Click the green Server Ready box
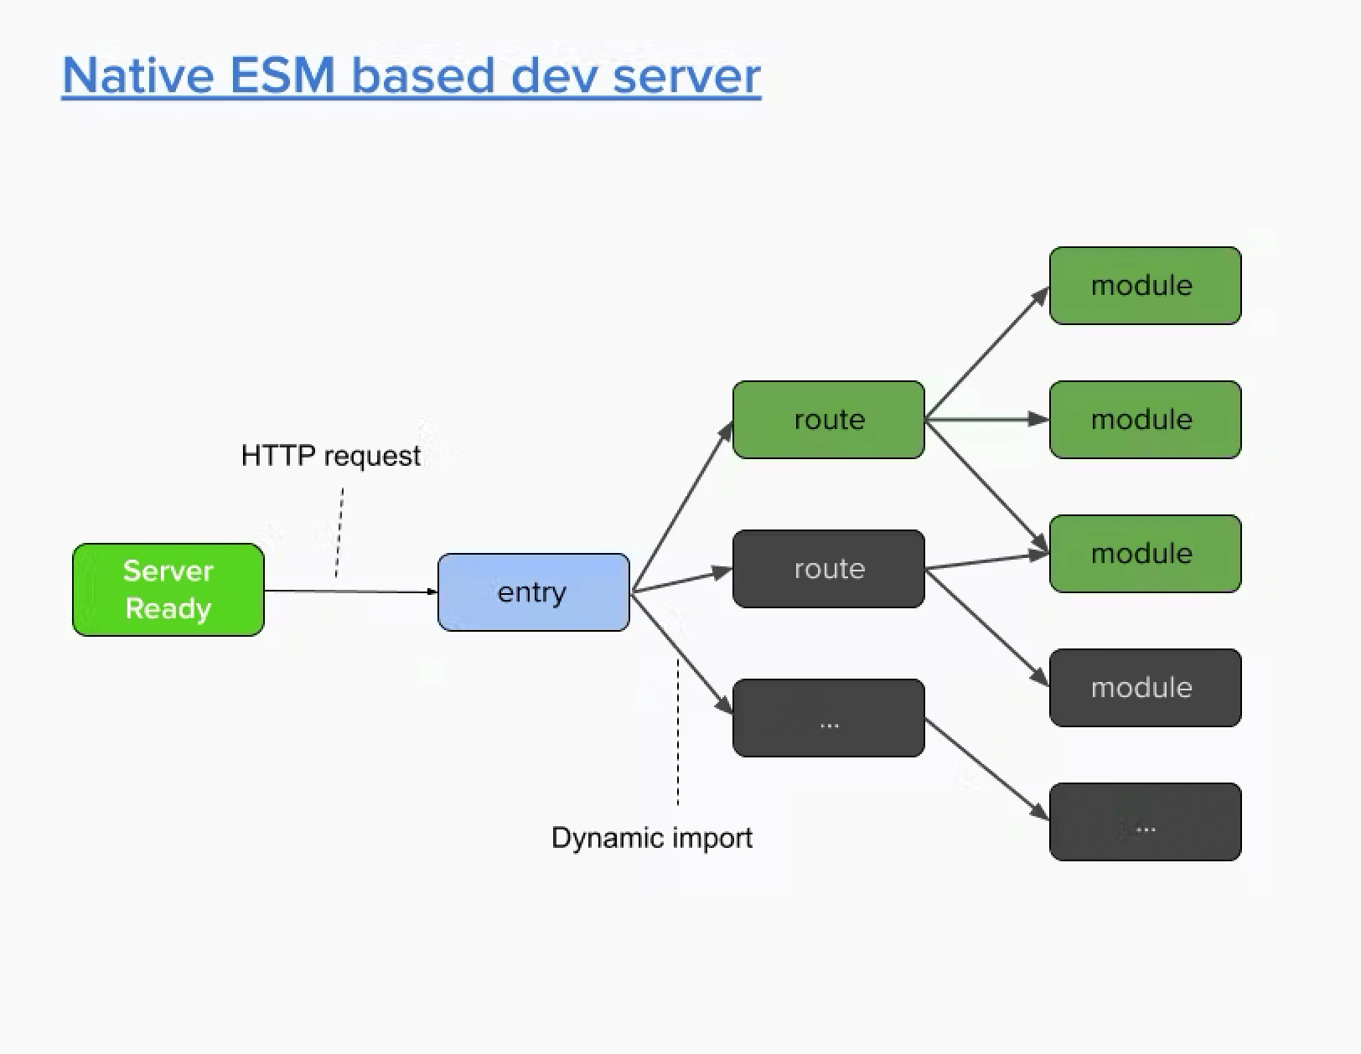click(168, 589)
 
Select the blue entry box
click(533, 592)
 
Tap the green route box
click(828, 419)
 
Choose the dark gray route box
click(828, 568)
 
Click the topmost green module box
click(1145, 285)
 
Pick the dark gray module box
click(1145, 687)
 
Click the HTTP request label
click(330, 456)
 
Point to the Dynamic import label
click(651, 838)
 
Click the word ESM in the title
click(282, 75)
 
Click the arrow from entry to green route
click(680, 508)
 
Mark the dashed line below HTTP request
click(339, 533)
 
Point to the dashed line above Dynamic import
click(678, 733)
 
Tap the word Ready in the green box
click(168, 608)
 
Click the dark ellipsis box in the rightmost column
click(1145, 821)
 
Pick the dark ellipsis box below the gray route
click(828, 718)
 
